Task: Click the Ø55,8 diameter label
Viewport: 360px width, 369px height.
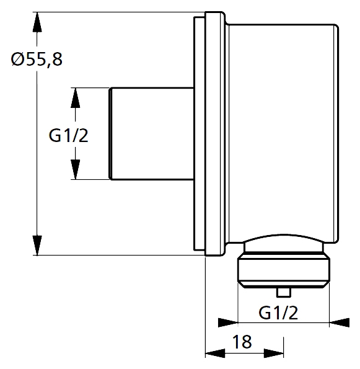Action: point(37,60)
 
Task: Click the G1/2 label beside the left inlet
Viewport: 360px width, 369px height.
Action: point(68,136)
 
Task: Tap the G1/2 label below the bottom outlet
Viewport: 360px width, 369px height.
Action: point(278,313)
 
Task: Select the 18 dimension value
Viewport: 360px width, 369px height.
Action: point(242,342)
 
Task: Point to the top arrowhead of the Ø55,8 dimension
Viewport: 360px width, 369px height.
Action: point(37,22)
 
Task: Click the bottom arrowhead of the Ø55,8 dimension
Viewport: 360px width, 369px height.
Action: point(37,246)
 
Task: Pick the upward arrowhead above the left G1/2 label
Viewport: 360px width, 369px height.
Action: point(75,98)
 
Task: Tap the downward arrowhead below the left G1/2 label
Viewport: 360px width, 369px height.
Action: point(75,169)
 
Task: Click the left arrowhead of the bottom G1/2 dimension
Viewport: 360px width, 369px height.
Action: point(228,322)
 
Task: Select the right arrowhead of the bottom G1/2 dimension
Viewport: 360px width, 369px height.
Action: point(340,322)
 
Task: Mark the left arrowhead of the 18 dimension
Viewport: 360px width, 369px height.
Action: point(215,353)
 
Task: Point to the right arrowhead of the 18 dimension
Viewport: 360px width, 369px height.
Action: point(274,353)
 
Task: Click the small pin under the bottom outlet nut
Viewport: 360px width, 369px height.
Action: point(284,292)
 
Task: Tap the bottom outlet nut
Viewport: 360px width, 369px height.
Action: point(284,270)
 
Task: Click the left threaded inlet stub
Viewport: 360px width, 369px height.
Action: point(152,134)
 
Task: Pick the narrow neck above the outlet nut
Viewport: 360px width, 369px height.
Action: point(284,247)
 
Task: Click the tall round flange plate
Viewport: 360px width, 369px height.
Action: point(215,134)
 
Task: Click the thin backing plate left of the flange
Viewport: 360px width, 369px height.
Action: point(199,134)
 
